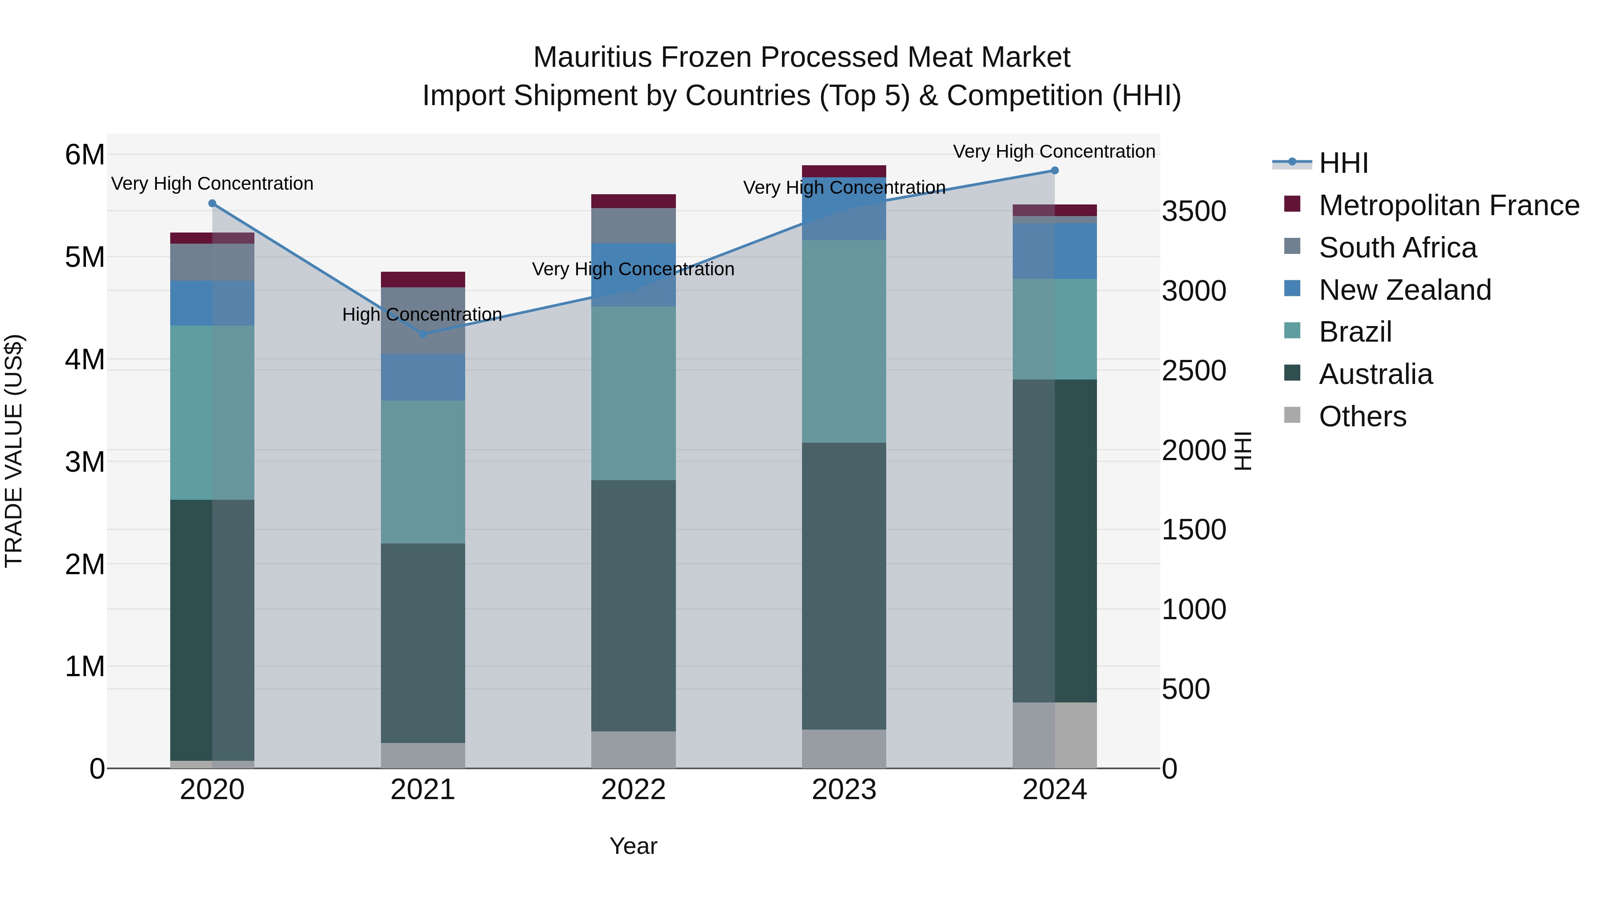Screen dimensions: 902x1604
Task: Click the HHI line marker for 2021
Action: [x=423, y=334]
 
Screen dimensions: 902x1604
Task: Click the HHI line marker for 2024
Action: [x=1054, y=171]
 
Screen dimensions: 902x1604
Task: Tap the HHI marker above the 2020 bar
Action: [x=213, y=204]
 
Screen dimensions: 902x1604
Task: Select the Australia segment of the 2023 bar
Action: [x=844, y=585]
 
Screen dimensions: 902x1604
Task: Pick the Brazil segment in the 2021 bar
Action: [x=423, y=471]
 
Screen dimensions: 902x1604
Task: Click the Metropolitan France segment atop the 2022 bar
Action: [x=633, y=201]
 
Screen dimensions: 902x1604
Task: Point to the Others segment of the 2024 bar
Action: [x=1054, y=735]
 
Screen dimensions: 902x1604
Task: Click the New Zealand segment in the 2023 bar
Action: [x=844, y=208]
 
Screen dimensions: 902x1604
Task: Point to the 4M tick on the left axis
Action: [x=85, y=359]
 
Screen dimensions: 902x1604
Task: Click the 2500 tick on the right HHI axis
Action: [x=1194, y=371]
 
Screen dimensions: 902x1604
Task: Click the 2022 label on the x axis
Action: [x=633, y=790]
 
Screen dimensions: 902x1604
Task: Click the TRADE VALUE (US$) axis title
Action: [x=14, y=451]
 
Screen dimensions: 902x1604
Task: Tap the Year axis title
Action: [x=633, y=846]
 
